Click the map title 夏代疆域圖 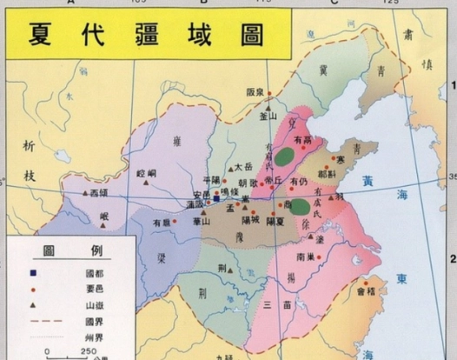click(x=147, y=36)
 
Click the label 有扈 click(x=162, y=223)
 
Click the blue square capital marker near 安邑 click(x=216, y=197)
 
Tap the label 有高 click(x=302, y=138)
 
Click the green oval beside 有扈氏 click(x=300, y=206)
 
